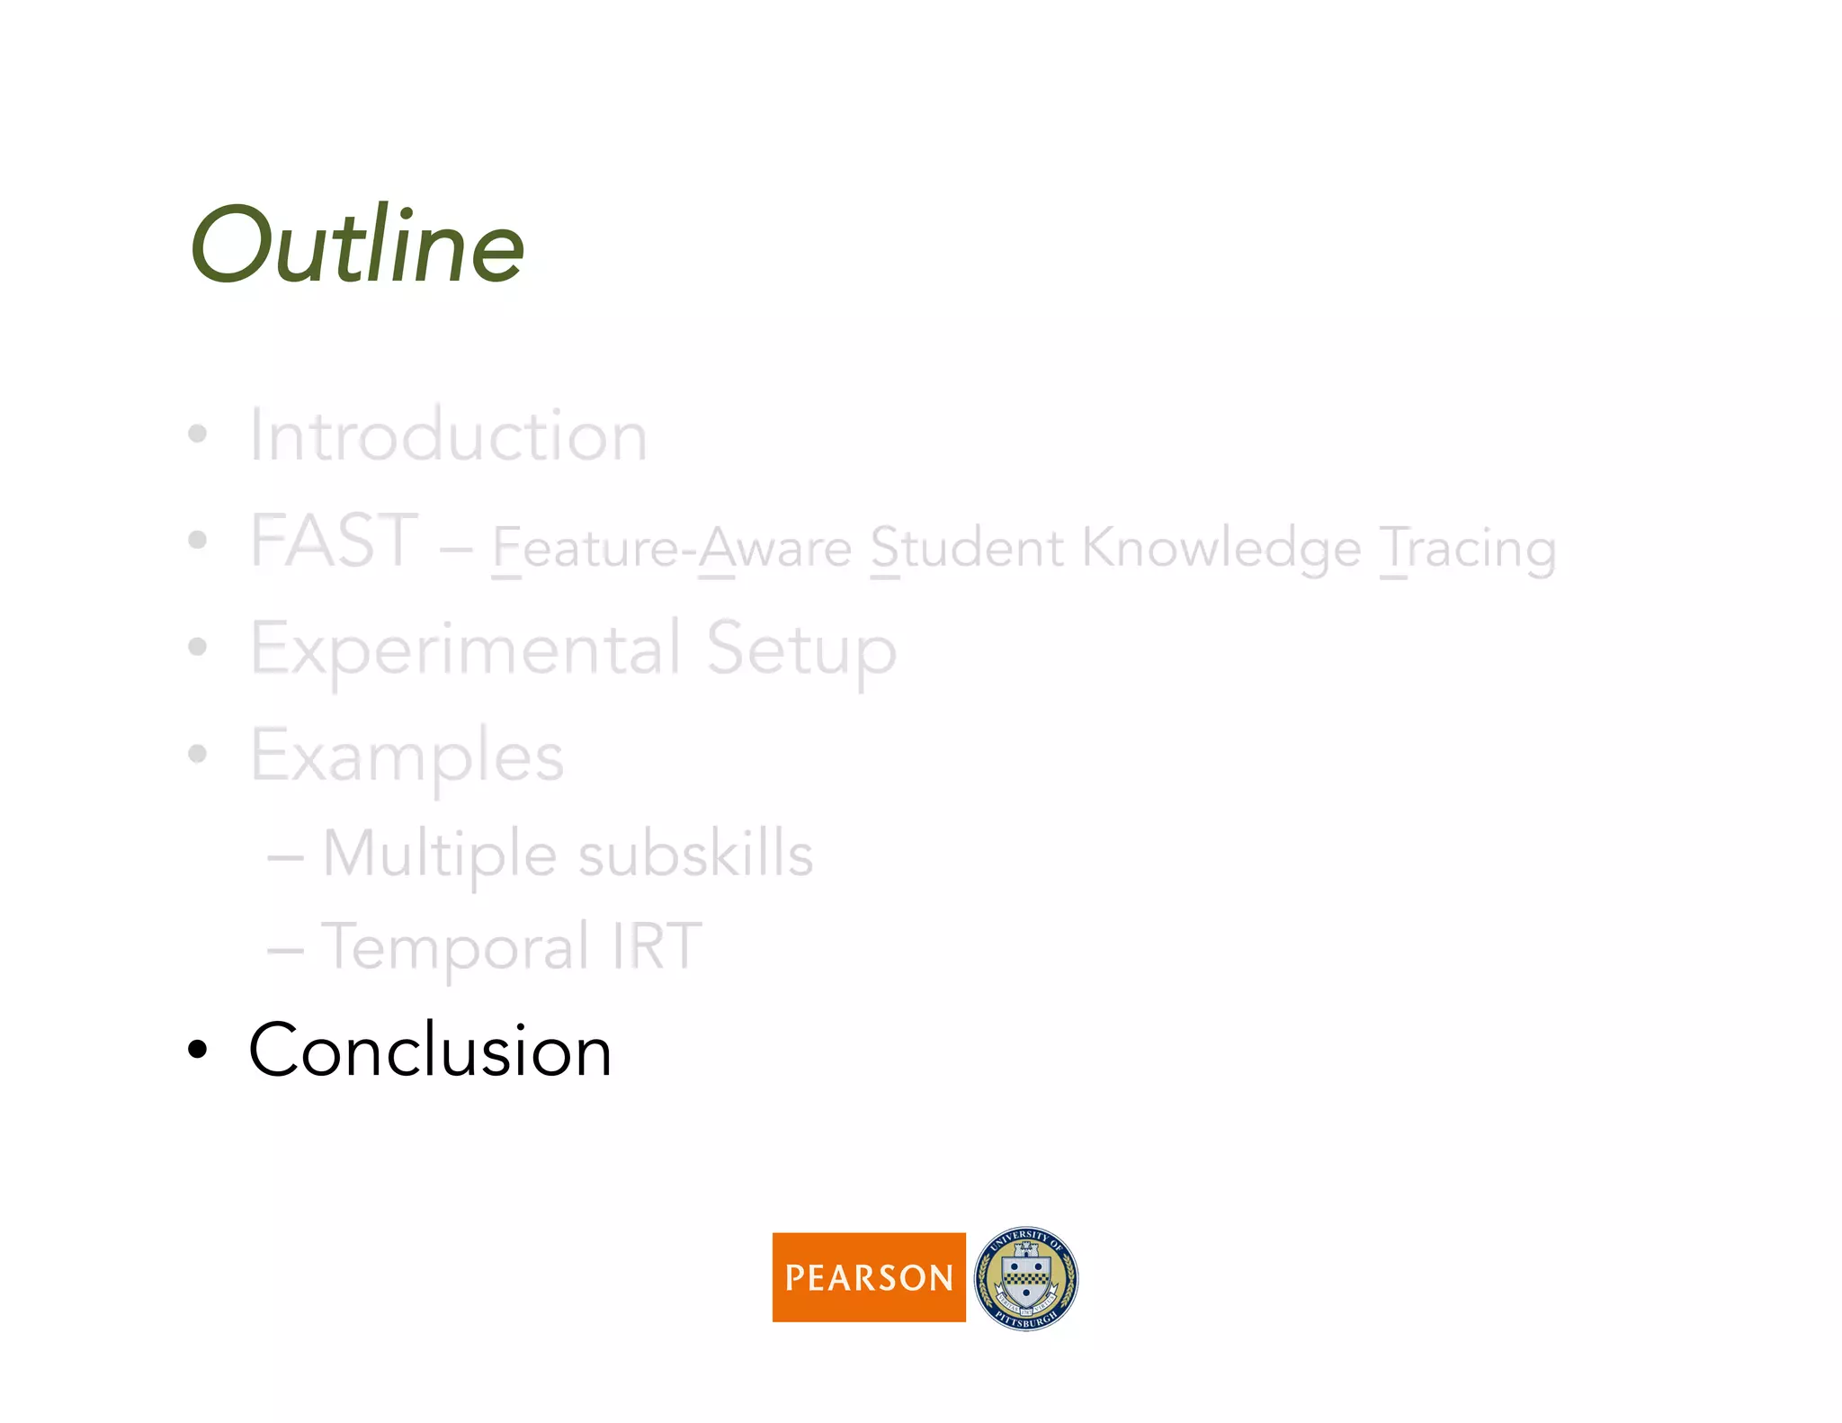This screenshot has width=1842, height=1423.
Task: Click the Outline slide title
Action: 357,246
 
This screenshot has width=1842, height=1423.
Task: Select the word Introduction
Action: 448,436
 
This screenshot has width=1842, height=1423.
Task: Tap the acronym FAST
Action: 335,541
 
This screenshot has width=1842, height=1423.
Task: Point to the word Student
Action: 967,548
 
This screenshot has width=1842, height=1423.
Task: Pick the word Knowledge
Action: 1221,550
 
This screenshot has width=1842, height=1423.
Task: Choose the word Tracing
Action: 1468,550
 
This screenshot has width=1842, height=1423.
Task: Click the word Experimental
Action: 466,650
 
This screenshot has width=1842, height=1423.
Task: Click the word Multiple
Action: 439,854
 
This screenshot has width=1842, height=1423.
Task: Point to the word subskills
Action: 695,854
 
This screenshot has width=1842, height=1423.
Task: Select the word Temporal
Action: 455,948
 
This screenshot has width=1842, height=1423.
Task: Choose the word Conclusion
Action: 430,1051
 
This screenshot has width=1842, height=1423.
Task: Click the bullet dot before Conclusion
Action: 197,1049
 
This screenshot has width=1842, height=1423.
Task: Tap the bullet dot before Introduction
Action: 197,435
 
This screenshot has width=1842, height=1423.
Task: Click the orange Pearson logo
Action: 869,1277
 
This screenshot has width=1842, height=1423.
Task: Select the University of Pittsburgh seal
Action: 1026,1278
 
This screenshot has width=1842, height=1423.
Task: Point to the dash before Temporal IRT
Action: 285,949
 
